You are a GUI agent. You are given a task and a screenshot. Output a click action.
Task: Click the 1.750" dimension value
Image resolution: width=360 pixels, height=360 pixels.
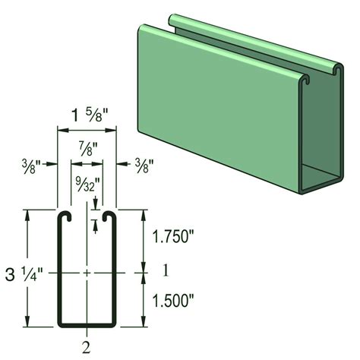pos(176,235)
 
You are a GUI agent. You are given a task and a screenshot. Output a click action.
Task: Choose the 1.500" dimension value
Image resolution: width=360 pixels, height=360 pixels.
pos(176,301)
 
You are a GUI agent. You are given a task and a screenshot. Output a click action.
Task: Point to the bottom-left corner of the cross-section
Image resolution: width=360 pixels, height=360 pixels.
pos(60,324)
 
